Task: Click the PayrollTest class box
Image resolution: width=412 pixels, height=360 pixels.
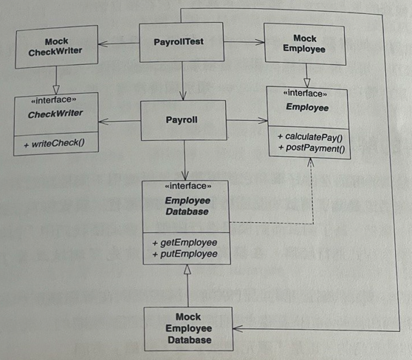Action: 182,42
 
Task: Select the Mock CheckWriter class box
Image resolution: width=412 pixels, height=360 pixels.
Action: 57,46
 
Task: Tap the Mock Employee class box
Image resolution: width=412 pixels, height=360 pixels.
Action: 304,44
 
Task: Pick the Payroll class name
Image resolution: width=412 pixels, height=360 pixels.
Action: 182,120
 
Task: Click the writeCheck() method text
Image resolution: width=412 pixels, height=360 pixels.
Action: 55,144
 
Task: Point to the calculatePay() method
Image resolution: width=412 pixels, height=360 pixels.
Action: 310,136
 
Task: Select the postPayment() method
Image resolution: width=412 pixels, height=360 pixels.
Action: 312,148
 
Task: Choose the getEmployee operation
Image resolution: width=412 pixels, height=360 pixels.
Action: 185,243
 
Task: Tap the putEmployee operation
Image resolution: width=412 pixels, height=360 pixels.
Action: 185,254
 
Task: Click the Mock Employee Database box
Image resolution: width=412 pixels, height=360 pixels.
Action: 188,329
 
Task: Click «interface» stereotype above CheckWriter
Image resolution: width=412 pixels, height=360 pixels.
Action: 54,100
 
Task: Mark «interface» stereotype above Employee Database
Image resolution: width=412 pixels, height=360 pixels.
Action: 188,186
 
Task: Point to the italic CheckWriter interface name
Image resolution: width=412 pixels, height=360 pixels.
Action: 55,114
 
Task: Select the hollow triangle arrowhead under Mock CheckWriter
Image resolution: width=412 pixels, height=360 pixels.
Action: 56,89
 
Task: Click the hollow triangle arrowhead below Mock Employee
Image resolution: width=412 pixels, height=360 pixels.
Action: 307,83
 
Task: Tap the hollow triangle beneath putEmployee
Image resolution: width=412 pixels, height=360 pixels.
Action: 187,269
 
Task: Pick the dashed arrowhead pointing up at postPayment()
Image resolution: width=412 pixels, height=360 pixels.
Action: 311,162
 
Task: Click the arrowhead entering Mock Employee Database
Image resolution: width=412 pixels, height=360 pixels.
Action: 238,328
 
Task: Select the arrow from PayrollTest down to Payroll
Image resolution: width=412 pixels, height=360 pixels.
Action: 182,81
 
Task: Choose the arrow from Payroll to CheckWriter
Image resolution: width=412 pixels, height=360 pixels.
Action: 120,121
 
